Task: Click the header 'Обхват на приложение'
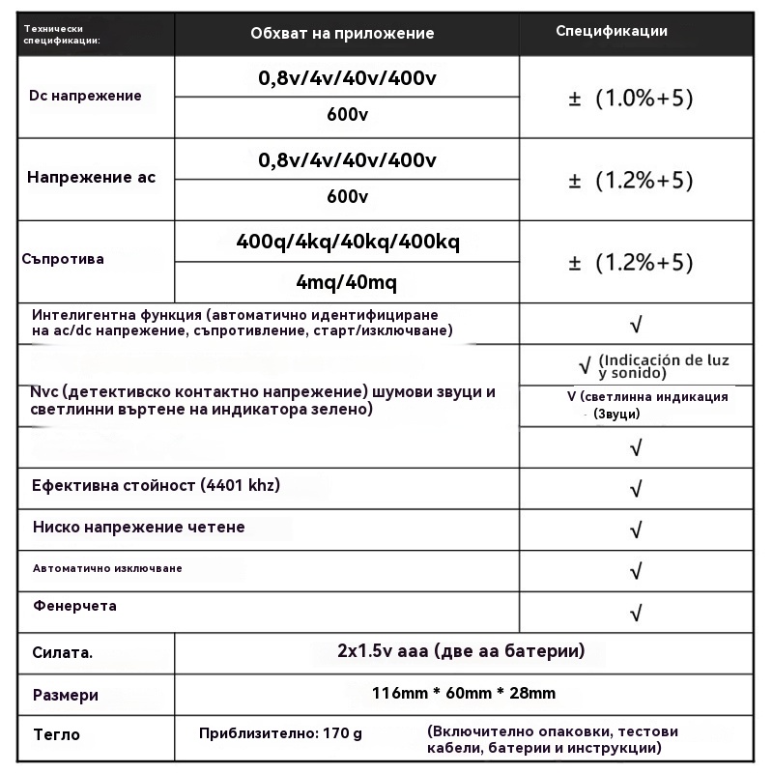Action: (x=342, y=34)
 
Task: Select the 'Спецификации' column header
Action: (x=612, y=31)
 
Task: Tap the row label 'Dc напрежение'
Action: (x=85, y=96)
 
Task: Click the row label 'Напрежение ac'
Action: (x=91, y=178)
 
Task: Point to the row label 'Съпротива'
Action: (x=63, y=259)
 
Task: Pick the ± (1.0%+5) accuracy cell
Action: (x=631, y=99)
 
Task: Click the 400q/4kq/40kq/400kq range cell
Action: (x=348, y=242)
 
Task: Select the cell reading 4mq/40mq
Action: (x=347, y=283)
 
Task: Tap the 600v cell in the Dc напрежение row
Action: (x=348, y=116)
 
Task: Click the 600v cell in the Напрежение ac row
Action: (x=348, y=197)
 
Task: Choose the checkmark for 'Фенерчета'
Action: (x=636, y=613)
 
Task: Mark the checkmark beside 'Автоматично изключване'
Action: (x=636, y=571)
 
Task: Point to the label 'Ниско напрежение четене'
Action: (x=138, y=528)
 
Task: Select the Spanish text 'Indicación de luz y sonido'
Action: (x=662, y=365)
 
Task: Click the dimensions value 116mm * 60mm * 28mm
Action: (x=464, y=693)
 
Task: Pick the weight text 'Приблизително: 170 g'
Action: (x=280, y=734)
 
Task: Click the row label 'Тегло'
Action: (x=57, y=734)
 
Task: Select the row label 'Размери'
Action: (x=66, y=695)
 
